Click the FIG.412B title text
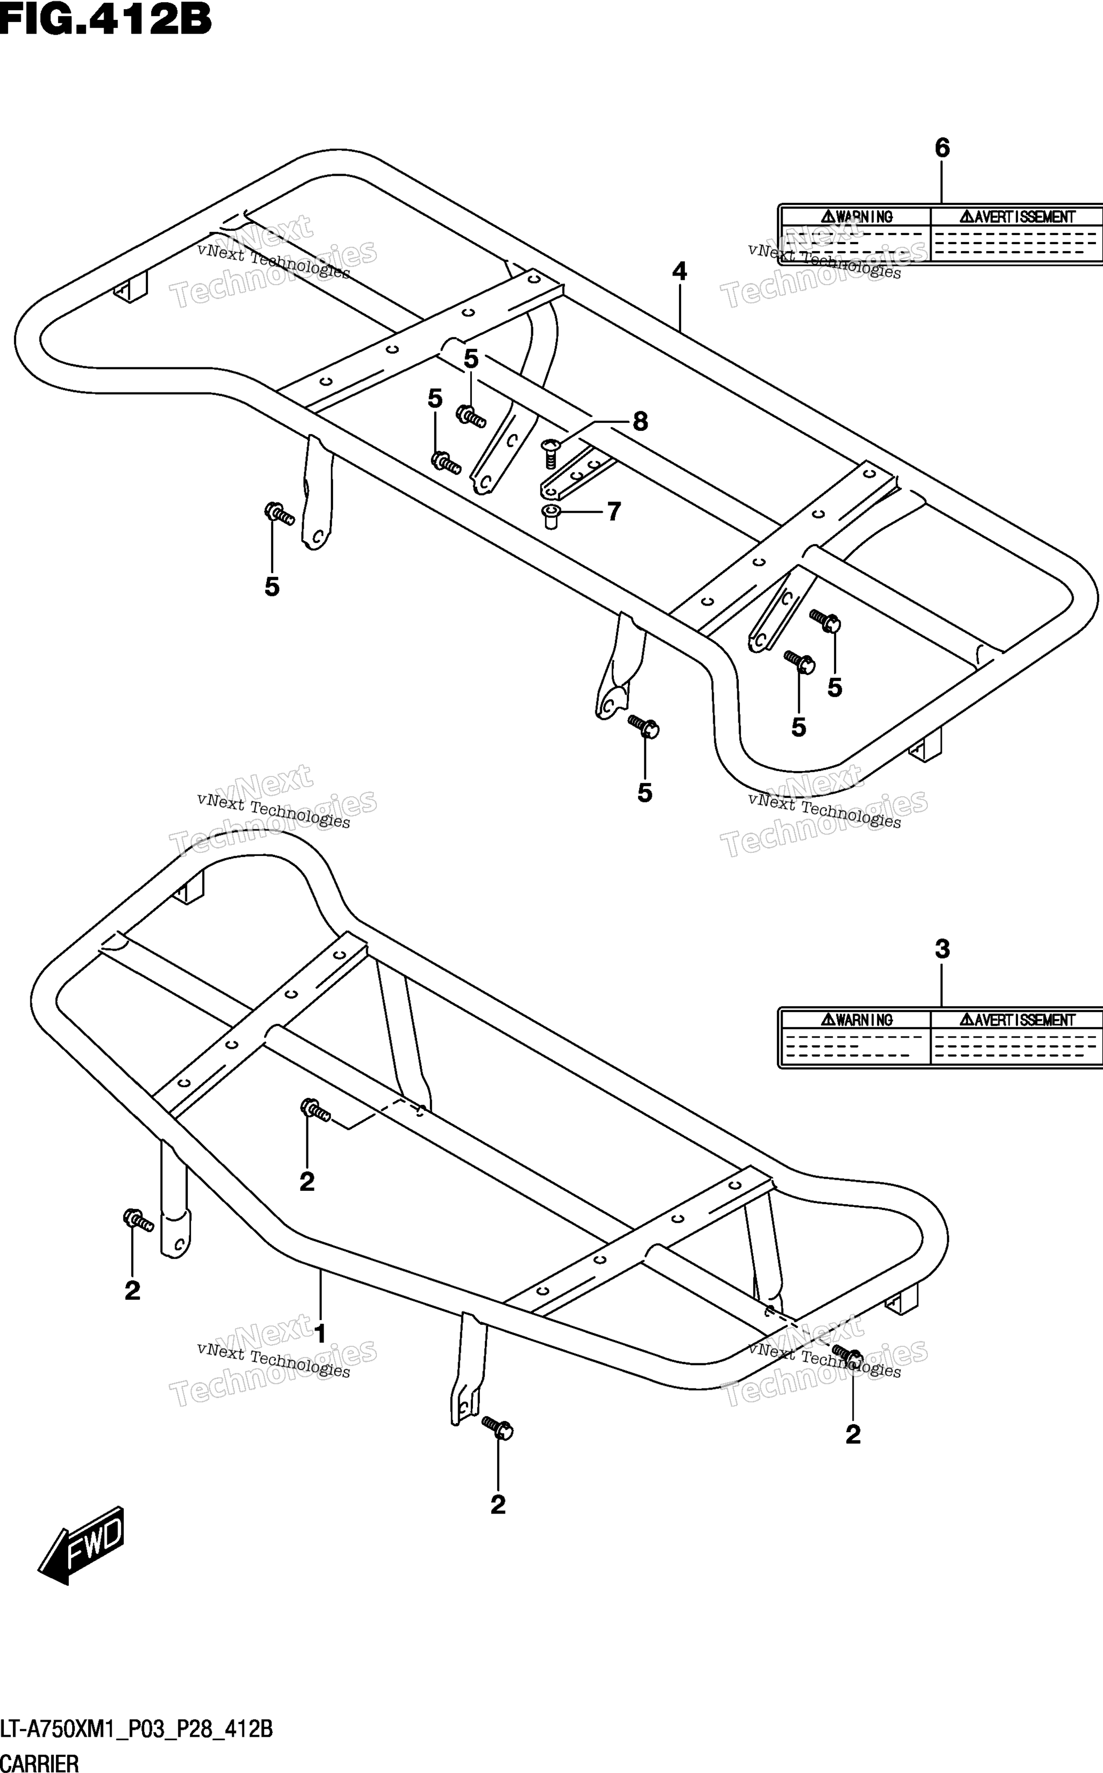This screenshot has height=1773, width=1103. coord(106,20)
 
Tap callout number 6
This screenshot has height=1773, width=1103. coord(942,148)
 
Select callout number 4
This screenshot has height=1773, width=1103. coord(679,271)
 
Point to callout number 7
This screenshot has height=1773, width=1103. coord(614,512)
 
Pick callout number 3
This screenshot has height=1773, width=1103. coord(942,949)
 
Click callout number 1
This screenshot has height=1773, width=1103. coord(319,1333)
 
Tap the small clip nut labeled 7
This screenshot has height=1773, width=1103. coord(551,516)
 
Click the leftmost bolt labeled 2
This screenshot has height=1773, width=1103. coord(138,1219)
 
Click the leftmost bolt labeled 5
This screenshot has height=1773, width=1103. coord(279,514)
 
